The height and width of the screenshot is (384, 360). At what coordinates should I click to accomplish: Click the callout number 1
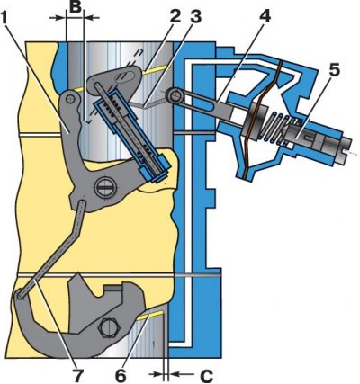7,19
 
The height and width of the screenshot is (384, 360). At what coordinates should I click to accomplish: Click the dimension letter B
75,6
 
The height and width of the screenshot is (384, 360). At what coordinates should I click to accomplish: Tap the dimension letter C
206,375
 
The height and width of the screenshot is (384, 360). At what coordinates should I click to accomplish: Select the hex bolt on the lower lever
107,329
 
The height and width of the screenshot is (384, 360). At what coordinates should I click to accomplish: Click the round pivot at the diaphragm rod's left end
175,95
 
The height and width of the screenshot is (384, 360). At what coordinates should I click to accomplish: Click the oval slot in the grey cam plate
127,76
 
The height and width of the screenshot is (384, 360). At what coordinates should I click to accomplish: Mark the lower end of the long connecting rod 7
21,294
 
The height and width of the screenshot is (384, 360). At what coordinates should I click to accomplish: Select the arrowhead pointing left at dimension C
175,374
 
